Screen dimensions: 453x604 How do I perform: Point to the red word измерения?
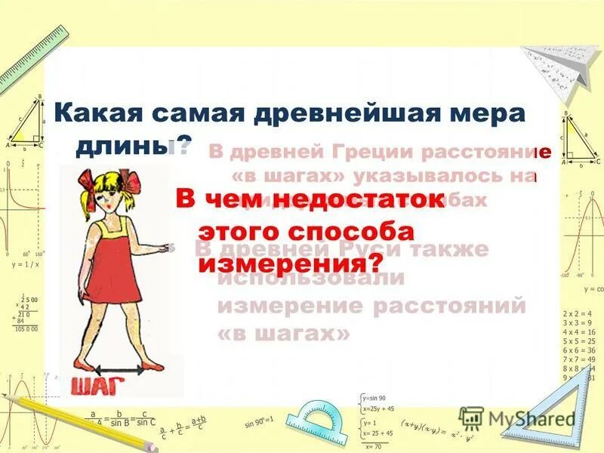[291, 263]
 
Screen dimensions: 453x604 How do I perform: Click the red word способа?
[347, 231]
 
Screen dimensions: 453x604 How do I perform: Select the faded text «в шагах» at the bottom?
[284, 333]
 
